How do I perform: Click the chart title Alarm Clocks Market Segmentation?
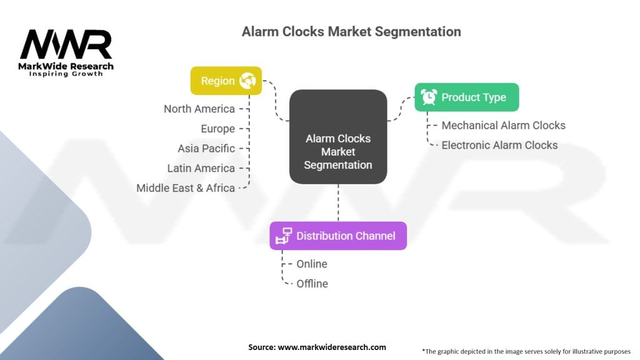coord(351,32)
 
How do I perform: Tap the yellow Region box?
coord(226,81)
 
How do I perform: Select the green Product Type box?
coord(467,97)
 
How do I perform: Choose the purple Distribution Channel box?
coord(338,236)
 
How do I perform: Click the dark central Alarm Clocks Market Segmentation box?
coord(338,137)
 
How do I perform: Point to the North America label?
coord(199,109)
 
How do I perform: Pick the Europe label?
coord(218,129)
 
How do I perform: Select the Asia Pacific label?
coord(206,149)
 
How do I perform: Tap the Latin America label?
coord(201,168)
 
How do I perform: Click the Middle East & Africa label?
coord(186,188)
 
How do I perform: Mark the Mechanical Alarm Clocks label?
coord(504,125)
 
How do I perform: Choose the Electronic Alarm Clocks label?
coord(499,145)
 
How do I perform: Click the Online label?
coord(312,264)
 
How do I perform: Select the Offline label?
coord(312,284)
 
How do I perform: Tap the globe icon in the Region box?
coord(247,81)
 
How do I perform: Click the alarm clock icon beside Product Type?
coord(429,97)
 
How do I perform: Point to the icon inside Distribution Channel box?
coord(284,236)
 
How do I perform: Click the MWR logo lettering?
coord(66,44)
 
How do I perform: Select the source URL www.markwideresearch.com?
coord(332,347)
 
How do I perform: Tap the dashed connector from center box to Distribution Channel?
coord(338,203)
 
